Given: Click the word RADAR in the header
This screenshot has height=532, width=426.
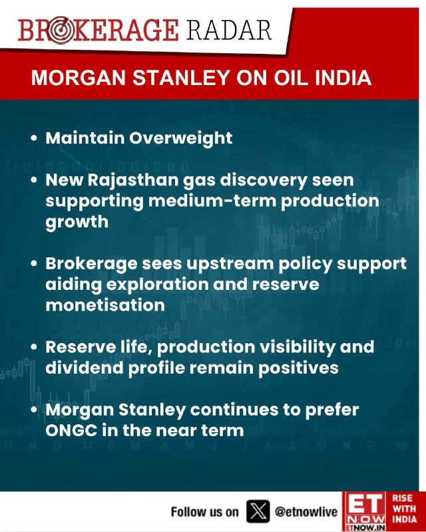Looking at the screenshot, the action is coord(228,30).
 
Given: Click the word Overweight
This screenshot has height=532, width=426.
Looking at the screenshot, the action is coord(181,138).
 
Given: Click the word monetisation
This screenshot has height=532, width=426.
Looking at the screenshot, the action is coord(105,305).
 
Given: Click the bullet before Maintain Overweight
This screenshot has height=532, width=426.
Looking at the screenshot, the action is coord(34,138).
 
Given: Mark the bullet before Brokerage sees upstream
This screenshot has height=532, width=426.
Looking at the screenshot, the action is coord(34,263).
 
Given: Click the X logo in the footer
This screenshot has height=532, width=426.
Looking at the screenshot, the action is coord(258,511).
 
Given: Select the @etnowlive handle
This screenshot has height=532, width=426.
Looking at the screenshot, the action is coord(306,511).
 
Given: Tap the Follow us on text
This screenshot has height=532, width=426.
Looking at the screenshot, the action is coord(204,511).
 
